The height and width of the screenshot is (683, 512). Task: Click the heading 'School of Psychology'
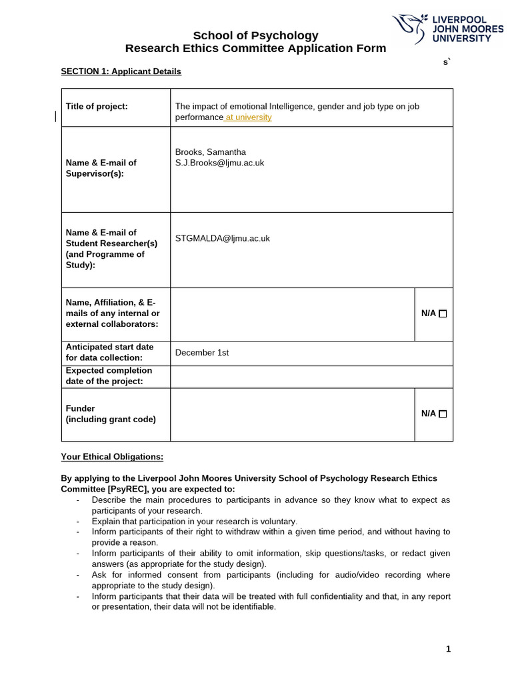pos(255,35)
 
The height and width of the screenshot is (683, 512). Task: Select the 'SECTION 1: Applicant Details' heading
pos(121,71)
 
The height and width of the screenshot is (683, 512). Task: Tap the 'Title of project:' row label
pos(97,106)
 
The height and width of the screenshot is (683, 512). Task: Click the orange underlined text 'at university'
pos(249,117)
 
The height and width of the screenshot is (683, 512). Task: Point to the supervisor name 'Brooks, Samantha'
pos(210,151)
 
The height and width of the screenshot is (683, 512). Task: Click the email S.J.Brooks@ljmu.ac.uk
pos(219,163)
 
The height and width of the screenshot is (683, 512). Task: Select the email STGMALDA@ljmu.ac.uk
pos(222,238)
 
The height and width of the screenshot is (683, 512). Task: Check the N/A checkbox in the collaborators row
pos(443,313)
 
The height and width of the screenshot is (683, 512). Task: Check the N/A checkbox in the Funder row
pos(443,414)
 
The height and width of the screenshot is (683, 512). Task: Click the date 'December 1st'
pos(201,353)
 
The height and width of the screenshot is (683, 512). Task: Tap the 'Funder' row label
pos(80,408)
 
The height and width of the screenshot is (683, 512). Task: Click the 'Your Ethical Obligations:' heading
pos(112,457)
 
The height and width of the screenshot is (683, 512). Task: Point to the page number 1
pos(448,649)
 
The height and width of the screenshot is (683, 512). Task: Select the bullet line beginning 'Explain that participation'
pos(194,521)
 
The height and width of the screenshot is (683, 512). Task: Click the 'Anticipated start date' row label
pos(109,347)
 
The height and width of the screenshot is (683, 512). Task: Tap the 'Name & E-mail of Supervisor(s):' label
pos(101,168)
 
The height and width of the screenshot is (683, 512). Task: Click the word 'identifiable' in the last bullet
pos(251,607)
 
